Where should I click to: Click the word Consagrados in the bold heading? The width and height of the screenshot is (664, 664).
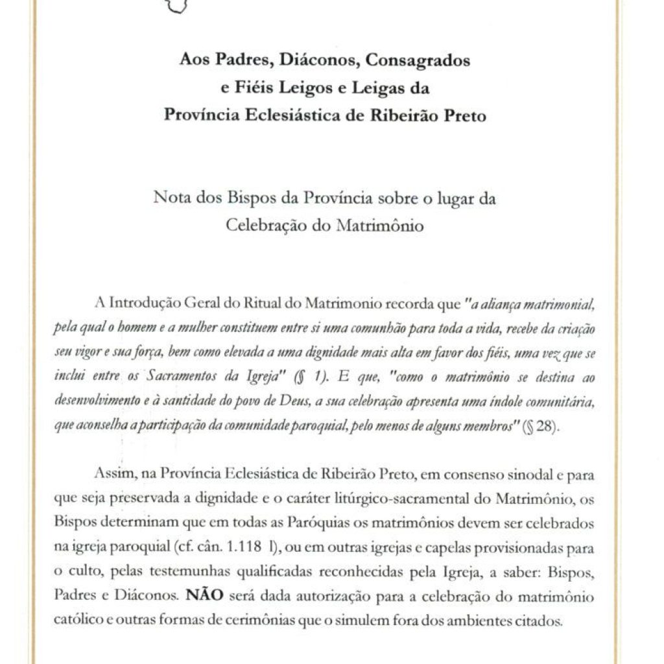coord(418,62)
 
